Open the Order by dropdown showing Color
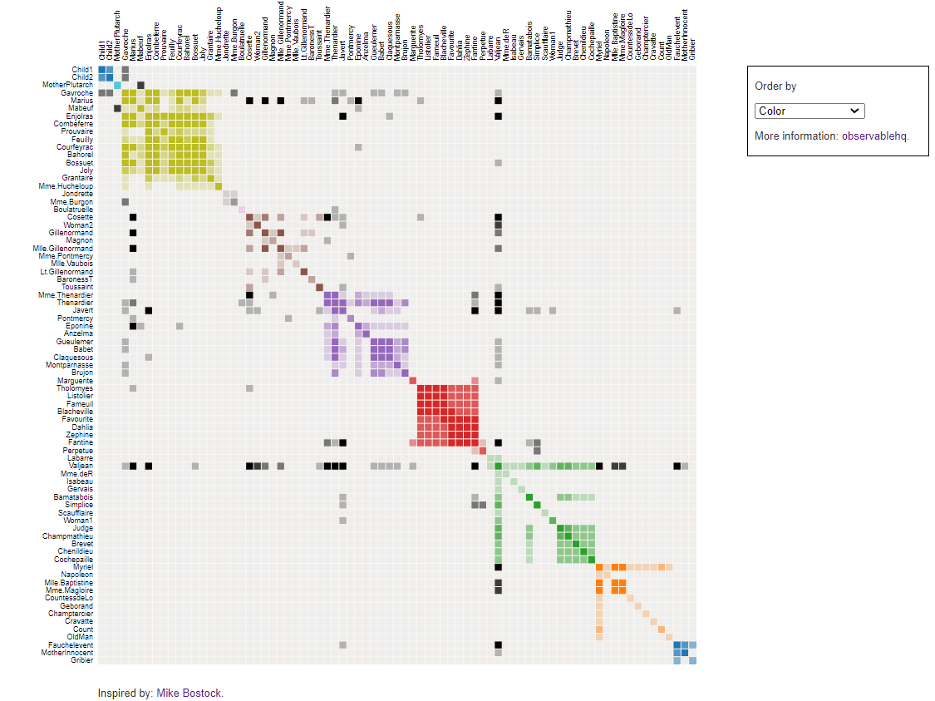810,111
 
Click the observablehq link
874,136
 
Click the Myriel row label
83,567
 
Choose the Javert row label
81,310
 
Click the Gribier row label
81,660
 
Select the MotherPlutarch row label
67,85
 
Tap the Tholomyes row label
75,388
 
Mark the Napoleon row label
77,575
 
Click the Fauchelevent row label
71,645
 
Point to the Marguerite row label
75,380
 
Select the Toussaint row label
77,287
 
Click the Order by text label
775,86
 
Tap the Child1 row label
82,70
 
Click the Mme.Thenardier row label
66,295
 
